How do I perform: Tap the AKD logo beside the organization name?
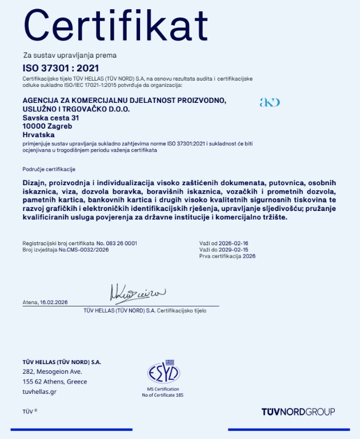coord(270,102)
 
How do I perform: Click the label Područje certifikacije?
coord(49,169)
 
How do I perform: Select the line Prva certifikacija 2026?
coord(227,256)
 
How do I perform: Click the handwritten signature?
coord(137,293)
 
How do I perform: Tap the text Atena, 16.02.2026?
coord(45,302)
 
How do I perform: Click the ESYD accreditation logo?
coord(163,372)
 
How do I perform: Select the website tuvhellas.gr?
coord(39,392)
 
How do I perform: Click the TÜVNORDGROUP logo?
coord(298,412)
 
